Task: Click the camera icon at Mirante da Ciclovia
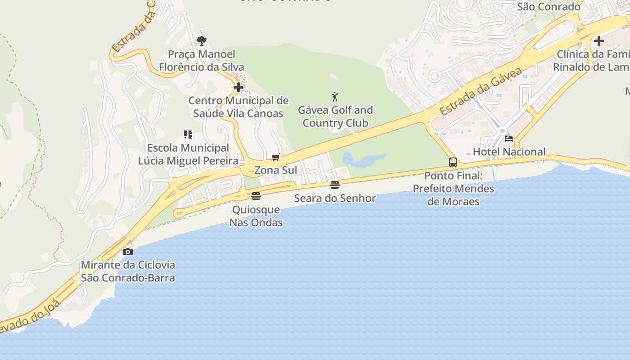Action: click(128, 252)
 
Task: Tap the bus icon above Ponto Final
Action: click(453, 162)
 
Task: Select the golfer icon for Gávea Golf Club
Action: click(335, 97)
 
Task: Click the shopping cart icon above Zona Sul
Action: click(276, 157)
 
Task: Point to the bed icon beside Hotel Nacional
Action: click(509, 139)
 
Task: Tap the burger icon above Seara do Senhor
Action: click(334, 185)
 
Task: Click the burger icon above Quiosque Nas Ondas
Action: click(256, 196)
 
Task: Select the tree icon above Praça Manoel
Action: click(202, 41)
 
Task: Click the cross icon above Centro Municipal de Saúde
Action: click(238, 87)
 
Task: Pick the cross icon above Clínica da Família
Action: click(598, 41)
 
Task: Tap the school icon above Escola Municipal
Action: click(188, 135)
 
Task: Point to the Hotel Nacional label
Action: click(509, 152)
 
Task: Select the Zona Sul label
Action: click(276, 170)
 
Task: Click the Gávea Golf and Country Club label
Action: click(335, 117)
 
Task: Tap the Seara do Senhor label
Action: click(335, 198)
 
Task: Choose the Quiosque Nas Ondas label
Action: click(256, 216)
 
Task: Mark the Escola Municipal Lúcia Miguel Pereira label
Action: click(188, 154)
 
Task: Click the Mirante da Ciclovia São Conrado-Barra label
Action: click(128, 271)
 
